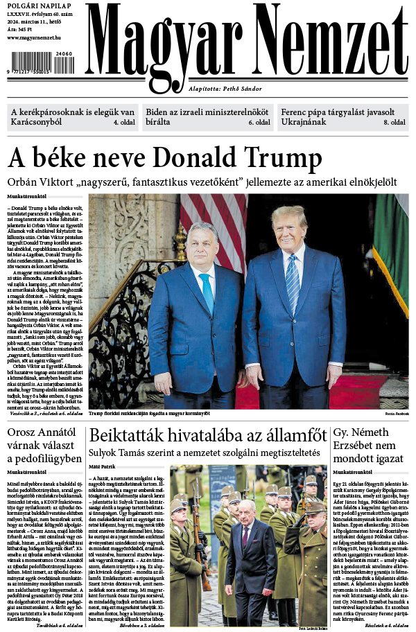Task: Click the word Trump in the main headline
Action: tap(285, 158)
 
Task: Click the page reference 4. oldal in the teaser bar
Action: tap(124, 122)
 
